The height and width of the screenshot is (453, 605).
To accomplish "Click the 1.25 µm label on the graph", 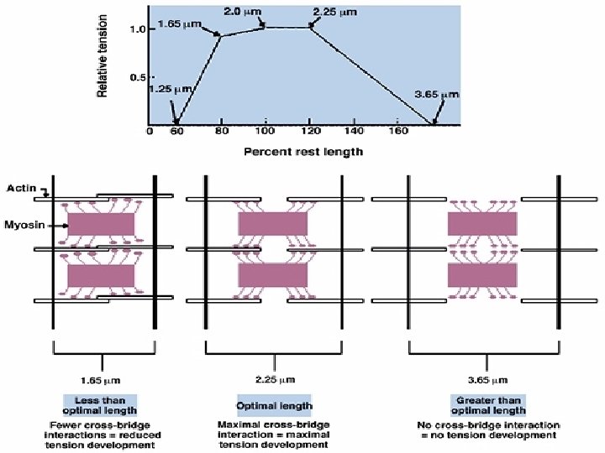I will point(171,89).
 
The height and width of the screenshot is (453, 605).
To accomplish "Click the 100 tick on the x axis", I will point(265,132).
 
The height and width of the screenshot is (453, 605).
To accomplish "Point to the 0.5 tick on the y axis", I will point(137,78).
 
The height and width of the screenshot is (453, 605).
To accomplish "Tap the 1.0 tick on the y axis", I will point(137,29).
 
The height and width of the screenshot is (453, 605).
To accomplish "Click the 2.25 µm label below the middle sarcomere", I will point(273,379).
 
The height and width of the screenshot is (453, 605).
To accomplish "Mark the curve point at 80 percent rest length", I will point(220,35).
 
